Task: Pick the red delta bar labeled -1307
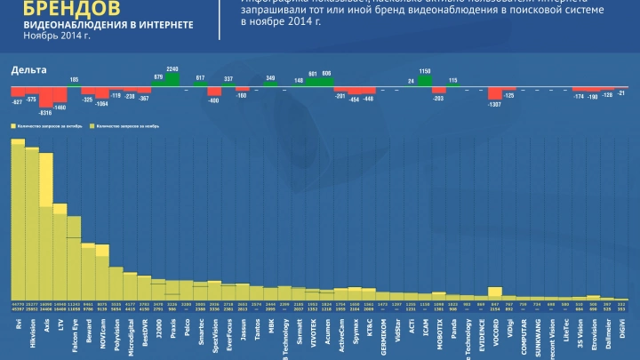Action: [494, 94]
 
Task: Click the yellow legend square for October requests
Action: [13, 127]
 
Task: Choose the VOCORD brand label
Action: [494, 333]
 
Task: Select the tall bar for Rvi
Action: [18, 222]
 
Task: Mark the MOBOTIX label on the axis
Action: [438, 334]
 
